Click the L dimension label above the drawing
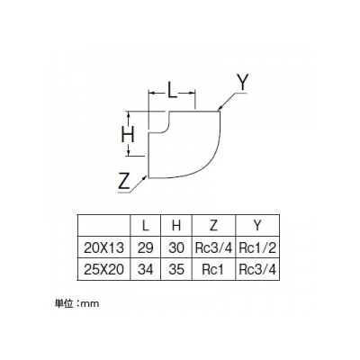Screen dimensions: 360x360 (172, 90)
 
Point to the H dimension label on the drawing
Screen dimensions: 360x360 (128, 134)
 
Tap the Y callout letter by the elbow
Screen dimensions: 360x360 (242, 83)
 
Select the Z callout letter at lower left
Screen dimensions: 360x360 (123, 181)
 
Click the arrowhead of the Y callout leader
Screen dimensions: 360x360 (220, 109)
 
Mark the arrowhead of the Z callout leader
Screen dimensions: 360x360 (146, 177)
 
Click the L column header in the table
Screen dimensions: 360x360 (145, 225)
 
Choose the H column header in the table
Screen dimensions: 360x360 (176, 225)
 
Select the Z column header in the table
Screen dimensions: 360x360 (213, 225)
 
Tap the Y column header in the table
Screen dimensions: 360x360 (257, 225)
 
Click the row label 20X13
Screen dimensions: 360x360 (103, 247)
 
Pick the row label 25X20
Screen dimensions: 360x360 (103, 269)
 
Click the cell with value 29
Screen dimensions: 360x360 (146, 247)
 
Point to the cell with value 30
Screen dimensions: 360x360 (176, 247)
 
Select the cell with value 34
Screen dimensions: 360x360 (146, 269)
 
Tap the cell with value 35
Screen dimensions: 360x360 (176, 269)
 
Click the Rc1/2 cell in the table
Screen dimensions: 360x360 (257, 247)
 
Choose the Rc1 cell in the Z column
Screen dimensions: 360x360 (213, 269)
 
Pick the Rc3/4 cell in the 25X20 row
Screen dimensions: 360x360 (257, 269)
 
